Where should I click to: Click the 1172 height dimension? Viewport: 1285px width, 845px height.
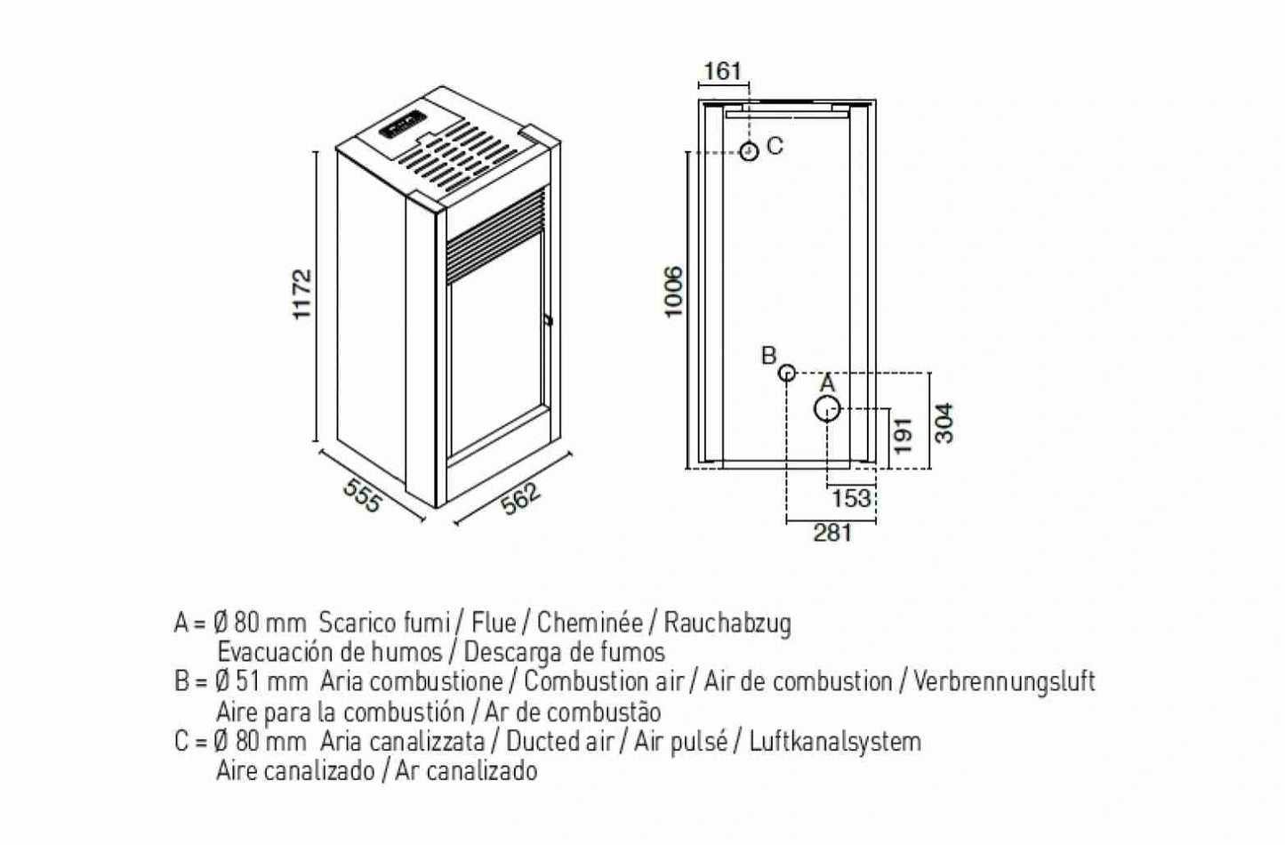tap(303, 294)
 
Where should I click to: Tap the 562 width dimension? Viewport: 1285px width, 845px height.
tap(520, 498)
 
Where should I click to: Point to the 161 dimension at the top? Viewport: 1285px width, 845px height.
tap(722, 70)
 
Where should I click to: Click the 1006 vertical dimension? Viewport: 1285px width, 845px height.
tap(673, 290)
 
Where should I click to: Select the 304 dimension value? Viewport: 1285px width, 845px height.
tap(944, 422)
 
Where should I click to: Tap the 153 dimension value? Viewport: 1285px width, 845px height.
tap(851, 498)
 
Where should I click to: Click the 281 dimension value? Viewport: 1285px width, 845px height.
tap(832, 533)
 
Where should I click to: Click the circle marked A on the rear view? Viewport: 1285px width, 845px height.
tap(827, 409)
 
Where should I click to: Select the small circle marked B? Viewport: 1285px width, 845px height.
tap(787, 373)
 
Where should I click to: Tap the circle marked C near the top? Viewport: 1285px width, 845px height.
tap(749, 151)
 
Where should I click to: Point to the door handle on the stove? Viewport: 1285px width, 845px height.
tap(548, 319)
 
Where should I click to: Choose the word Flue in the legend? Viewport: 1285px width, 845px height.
tap(494, 622)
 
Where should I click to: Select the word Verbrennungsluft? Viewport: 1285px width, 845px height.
tap(1004, 681)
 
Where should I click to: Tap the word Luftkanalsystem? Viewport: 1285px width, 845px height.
tap(835, 741)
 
